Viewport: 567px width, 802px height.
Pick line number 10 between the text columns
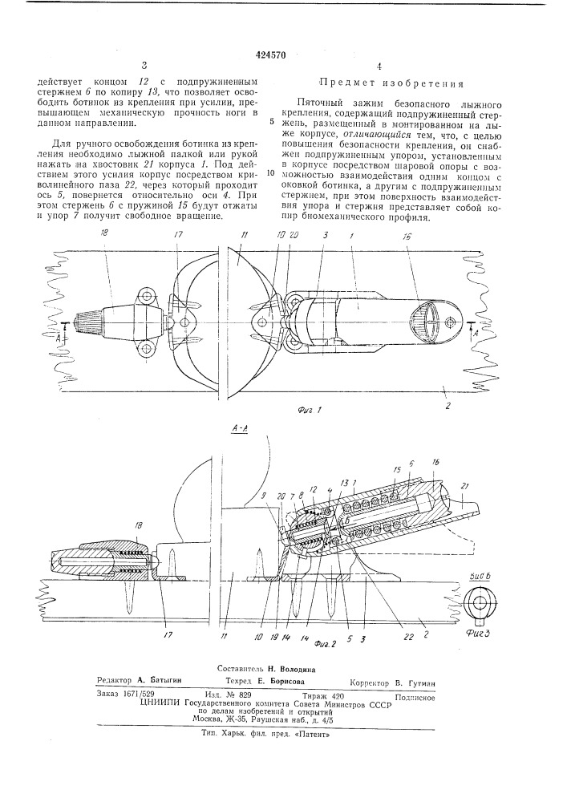tap(270, 172)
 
